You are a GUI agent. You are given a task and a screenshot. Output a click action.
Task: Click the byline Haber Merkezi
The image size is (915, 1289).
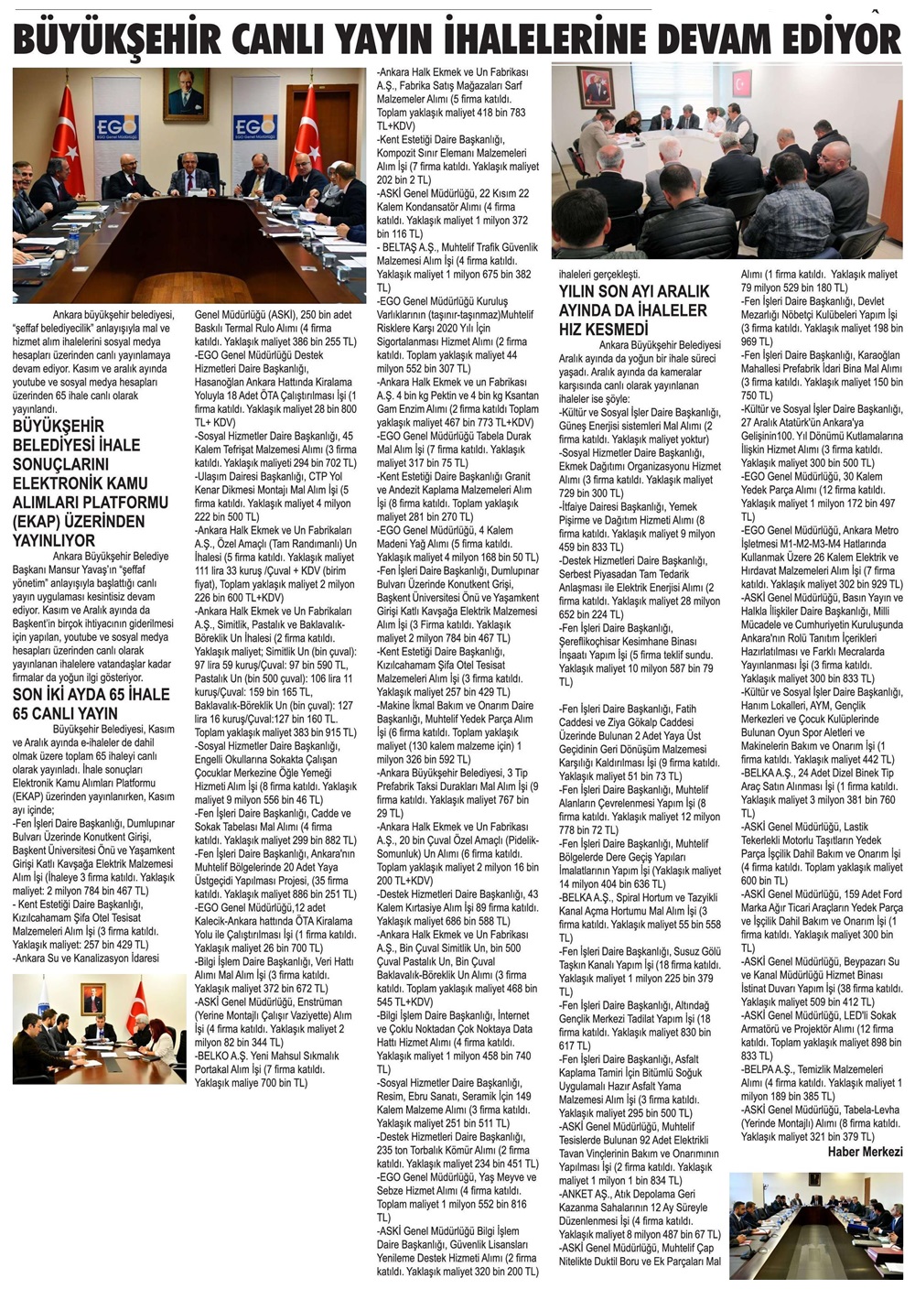865,1152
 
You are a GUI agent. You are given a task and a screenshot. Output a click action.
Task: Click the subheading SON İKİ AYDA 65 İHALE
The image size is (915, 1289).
91,695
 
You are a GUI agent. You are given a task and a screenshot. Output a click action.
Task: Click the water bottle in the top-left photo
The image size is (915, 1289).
74,240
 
